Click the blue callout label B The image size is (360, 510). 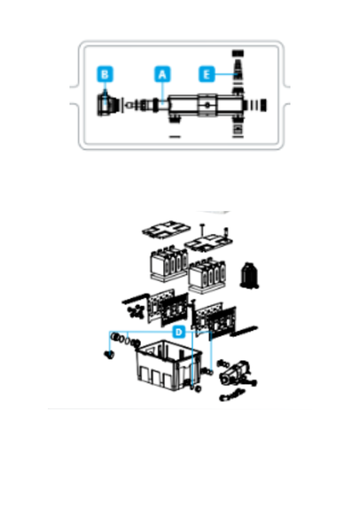click(x=105, y=74)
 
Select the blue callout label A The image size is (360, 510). click(x=162, y=74)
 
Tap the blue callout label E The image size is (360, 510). click(x=207, y=74)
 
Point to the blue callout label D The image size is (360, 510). click(x=178, y=332)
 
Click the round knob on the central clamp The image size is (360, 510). click(x=207, y=105)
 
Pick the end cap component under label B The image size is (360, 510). click(x=107, y=105)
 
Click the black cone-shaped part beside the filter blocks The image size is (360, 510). click(x=249, y=276)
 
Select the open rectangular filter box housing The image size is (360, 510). click(x=168, y=365)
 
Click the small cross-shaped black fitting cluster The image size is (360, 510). click(x=136, y=311)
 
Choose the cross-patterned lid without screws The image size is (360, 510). click(x=166, y=229)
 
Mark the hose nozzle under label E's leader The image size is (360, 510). click(x=238, y=73)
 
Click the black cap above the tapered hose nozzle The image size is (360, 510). click(x=238, y=54)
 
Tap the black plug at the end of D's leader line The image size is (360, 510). click(x=109, y=355)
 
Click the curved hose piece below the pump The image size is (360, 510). click(x=231, y=395)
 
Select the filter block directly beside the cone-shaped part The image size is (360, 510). click(x=208, y=276)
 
